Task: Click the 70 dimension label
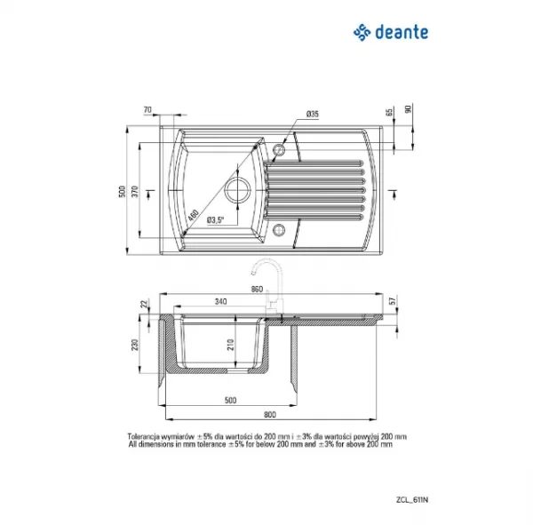(147, 111)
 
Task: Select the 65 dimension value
(389, 113)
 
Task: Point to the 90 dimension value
(409, 109)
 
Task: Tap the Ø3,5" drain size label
(216, 219)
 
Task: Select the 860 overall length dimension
(258, 290)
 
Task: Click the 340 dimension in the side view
(219, 302)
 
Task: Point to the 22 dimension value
(143, 305)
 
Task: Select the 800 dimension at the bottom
(270, 415)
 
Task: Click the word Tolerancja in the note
(147, 436)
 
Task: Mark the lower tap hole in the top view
(280, 230)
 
